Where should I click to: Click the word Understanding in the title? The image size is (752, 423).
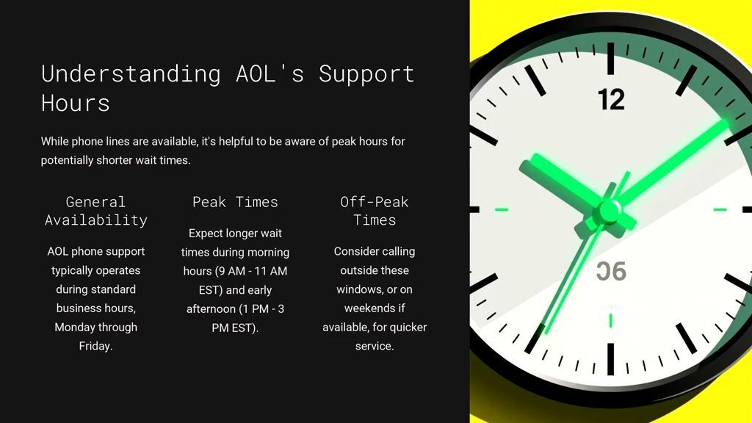coord(131,75)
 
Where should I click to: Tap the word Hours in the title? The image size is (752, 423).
coord(76,103)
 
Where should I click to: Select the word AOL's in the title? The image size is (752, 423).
coord(270,74)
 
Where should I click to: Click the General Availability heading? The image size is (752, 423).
coord(96,211)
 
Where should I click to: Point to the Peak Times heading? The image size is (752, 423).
coord(235,202)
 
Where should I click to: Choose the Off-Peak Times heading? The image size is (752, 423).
coord(375,211)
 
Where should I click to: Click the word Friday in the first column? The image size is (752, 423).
coord(95,346)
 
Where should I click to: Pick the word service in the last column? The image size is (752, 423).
coord(373,347)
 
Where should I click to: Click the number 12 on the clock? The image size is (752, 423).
coord(612,100)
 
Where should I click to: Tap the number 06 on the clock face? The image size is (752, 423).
coord(612,272)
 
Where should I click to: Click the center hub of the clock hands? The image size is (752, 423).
coord(609,211)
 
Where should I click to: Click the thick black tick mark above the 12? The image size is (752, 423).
coord(610,59)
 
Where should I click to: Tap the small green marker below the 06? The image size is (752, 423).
coord(610,320)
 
